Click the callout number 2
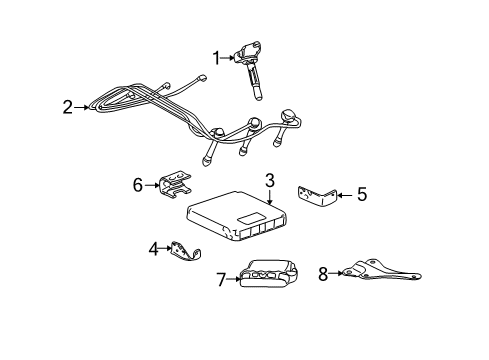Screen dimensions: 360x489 tap(68, 107)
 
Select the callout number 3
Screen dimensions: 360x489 tap(270, 180)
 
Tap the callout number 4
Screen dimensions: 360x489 tap(153, 247)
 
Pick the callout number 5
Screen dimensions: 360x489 tap(361, 195)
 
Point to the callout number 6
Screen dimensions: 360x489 tap(138, 183)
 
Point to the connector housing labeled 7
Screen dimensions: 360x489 tap(268, 273)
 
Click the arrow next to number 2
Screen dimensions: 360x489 tap(84, 107)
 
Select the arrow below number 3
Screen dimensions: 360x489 tap(270, 197)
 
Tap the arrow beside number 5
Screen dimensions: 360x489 tap(343, 195)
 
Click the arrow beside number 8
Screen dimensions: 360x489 tap(338, 271)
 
